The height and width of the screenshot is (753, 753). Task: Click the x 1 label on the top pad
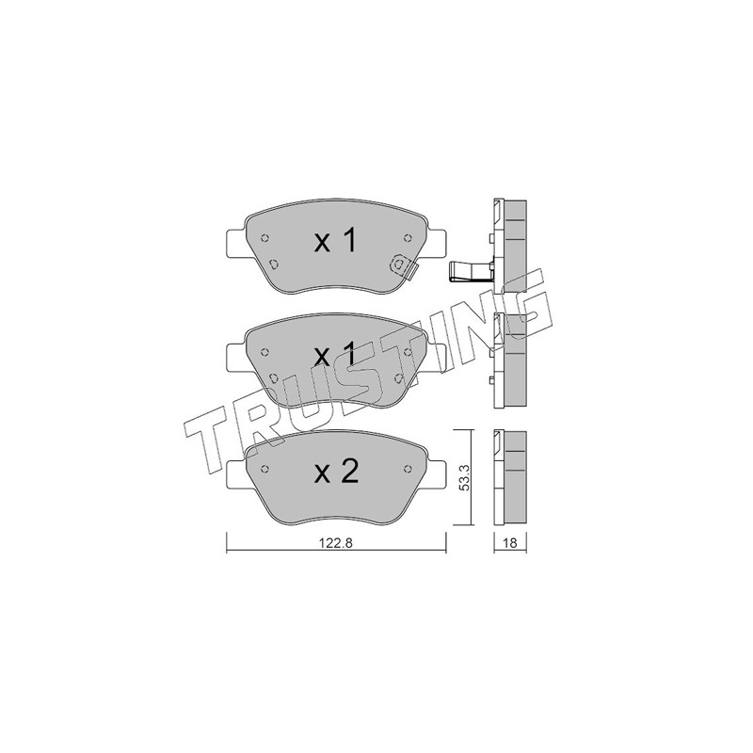click(x=335, y=241)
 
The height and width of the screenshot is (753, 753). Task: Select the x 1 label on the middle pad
click(x=335, y=356)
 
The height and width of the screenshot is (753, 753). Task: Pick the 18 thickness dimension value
click(x=510, y=543)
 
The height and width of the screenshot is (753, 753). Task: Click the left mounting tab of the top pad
click(x=236, y=243)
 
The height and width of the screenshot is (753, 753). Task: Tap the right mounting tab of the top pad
click(x=437, y=243)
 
